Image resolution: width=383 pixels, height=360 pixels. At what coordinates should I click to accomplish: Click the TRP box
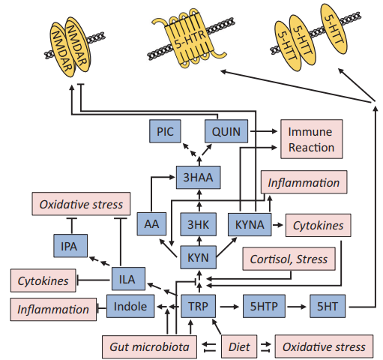coord(198,306)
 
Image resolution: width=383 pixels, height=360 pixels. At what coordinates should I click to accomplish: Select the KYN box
coord(199,257)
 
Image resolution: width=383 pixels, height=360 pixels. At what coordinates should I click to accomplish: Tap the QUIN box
coord(226,131)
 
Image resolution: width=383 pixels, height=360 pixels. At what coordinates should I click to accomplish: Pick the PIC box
coord(165,131)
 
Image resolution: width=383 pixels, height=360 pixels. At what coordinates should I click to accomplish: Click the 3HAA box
coord(199,177)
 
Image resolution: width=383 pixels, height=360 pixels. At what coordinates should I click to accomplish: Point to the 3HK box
coord(199,224)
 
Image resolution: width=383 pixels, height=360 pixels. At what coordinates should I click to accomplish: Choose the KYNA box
coord(250,224)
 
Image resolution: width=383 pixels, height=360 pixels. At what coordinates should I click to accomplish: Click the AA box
coord(151,223)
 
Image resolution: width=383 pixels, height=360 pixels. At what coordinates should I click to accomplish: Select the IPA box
coord(70,246)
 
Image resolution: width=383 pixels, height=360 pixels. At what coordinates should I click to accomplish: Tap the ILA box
coord(128,279)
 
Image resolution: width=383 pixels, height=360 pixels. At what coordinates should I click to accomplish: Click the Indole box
coord(130,306)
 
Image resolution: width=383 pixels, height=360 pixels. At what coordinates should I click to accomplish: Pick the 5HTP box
coord(264,306)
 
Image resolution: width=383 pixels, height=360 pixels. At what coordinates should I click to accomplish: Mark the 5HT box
coord(328,306)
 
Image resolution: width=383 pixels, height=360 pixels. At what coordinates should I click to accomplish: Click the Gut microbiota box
coord(149,346)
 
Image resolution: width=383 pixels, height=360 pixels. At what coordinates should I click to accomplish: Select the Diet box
coord(239,346)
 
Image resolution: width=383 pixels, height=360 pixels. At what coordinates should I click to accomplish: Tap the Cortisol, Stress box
coord(289,259)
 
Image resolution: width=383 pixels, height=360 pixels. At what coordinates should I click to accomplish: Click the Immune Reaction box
coord(312,139)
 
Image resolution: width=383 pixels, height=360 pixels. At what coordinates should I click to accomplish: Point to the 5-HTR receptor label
coord(190,40)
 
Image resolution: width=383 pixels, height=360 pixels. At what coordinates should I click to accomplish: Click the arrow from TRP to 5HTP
coord(229,307)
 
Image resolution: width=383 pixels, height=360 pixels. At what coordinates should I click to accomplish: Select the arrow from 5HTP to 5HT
coord(297,307)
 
